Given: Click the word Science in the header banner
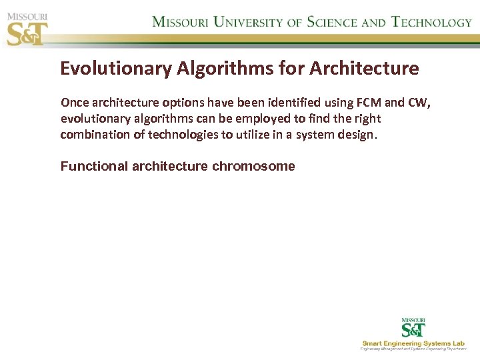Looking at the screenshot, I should click(x=331, y=21).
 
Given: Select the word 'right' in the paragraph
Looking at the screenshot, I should click(x=367, y=119).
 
